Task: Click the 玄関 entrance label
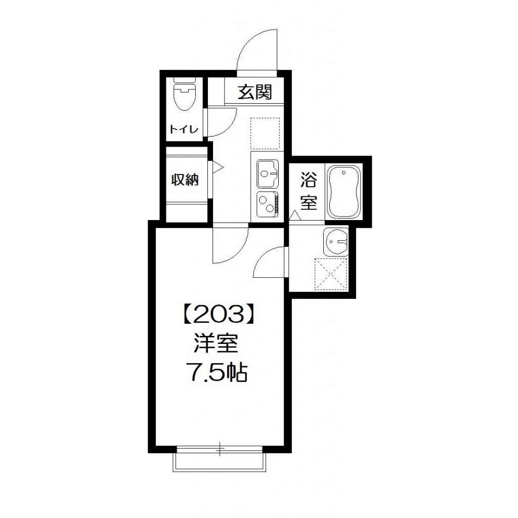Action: pyautogui.click(x=255, y=92)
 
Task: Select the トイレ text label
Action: pyautogui.click(x=184, y=129)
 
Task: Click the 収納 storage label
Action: pyautogui.click(x=185, y=180)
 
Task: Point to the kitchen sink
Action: pyautogui.click(x=266, y=173)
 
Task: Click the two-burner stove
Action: pyautogui.click(x=266, y=203)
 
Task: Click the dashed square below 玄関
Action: pyautogui.click(x=265, y=134)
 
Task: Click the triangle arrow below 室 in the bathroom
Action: pyautogui.click(x=295, y=215)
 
